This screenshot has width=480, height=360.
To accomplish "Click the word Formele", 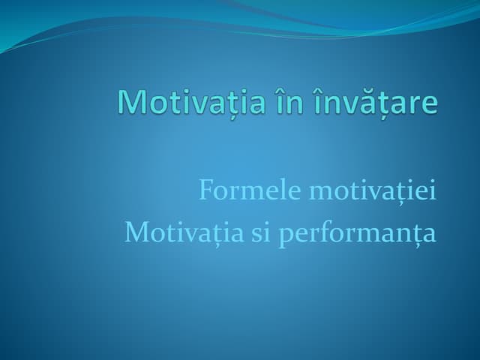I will click(x=238, y=193).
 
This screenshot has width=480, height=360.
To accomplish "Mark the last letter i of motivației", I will click(x=433, y=193).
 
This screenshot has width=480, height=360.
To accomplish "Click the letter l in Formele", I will click(x=265, y=192).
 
